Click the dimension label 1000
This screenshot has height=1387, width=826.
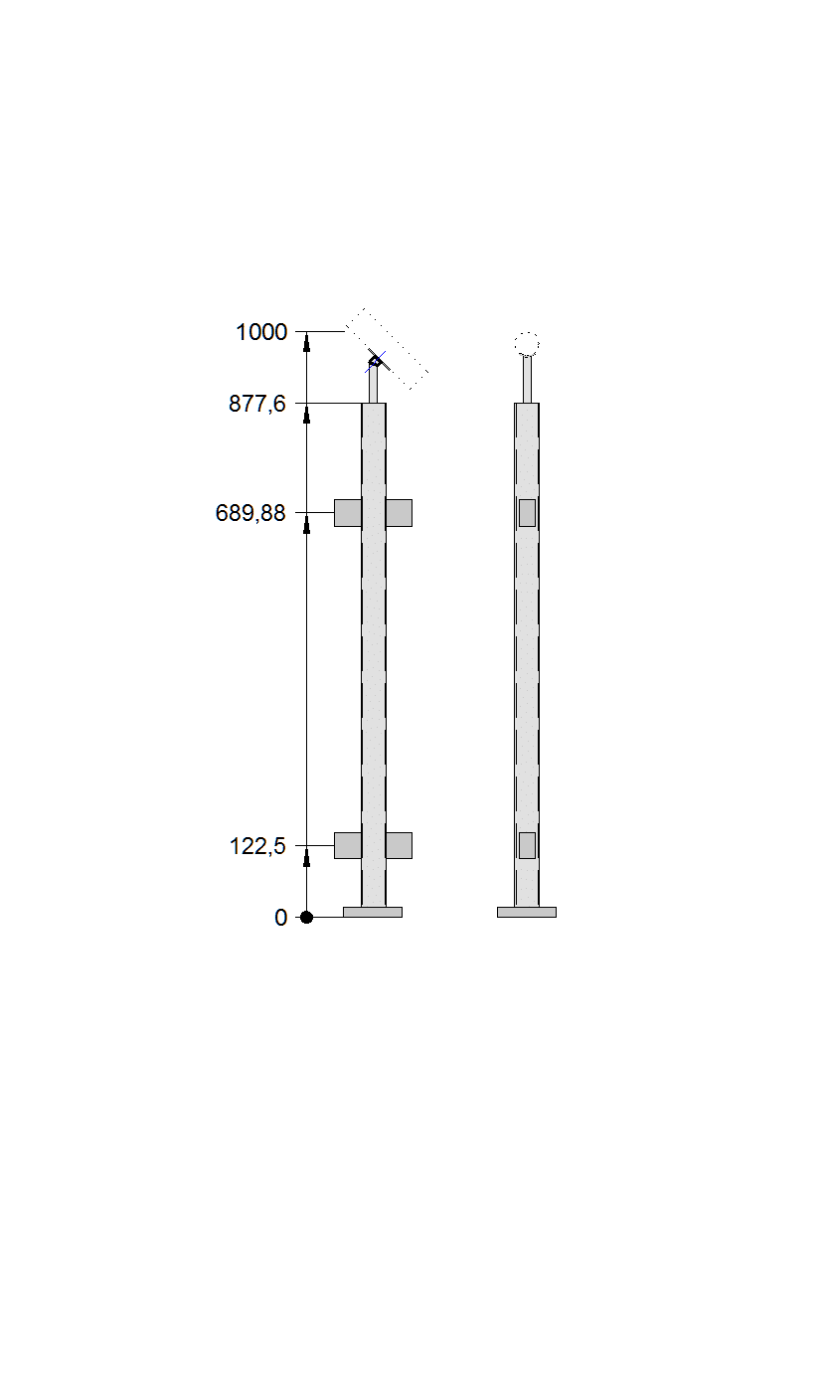tap(261, 332)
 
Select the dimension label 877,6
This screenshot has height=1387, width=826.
tap(257, 404)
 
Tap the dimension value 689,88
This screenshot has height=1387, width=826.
tap(250, 513)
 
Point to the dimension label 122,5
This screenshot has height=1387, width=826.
tap(257, 846)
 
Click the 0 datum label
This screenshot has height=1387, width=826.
tap(280, 918)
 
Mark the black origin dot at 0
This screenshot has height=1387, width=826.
tap(306, 917)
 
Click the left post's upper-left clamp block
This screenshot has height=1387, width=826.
tap(348, 513)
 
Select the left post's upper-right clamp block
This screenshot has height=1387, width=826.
tap(399, 513)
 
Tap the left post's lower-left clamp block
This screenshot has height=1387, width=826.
tap(348, 845)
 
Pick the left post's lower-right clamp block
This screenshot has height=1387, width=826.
tap(399, 845)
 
